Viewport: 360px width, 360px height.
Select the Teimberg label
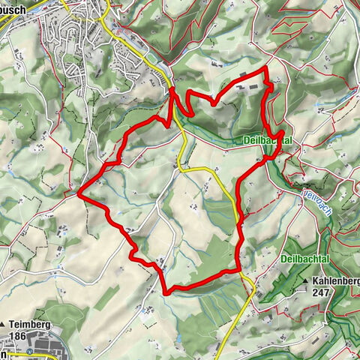pyautogui.click(x=29, y=324)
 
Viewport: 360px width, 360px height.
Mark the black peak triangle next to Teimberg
pyautogui.click(x=4, y=324)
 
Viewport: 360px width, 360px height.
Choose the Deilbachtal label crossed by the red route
pyautogui.click(x=267, y=141)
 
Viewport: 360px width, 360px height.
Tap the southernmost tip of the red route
pyautogui.click(x=166, y=292)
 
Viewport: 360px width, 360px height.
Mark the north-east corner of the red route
pyautogui.click(x=266, y=69)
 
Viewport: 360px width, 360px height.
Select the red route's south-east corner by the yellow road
pyautogui.click(x=239, y=268)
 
